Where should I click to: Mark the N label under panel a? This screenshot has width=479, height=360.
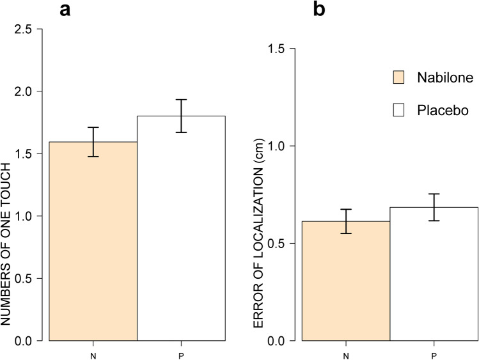tap(94, 351)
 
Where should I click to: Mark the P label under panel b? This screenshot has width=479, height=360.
tap(434, 351)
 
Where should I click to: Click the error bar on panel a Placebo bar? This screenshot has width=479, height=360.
tap(182, 116)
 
